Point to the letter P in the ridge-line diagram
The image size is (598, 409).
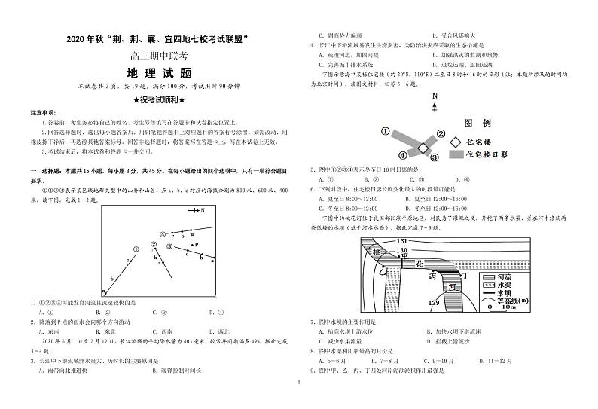(x=196, y=245)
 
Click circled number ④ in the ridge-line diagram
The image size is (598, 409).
(x=161, y=234)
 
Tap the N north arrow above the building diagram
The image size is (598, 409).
(x=435, y=97)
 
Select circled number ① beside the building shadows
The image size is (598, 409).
(x=385, y=131)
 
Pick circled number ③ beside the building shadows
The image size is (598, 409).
(x=435, y=157)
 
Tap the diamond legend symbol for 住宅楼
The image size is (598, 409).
(x=456, y=141)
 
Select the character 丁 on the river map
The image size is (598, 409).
(x=466, y=277)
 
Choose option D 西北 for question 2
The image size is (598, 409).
(x=219, y=331)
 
